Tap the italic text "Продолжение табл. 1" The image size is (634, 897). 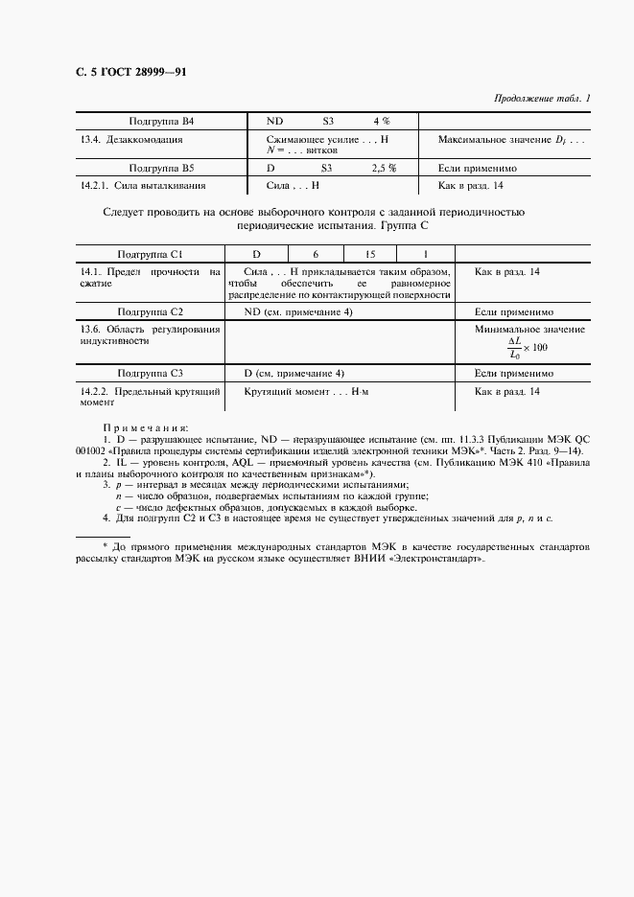pyautogui.click(x=542, y=98)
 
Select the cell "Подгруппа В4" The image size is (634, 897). pyautogui.click(x=162, y=122)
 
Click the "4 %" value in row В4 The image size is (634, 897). pyautogui.click(x=381, y=122)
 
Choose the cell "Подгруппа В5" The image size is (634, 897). pyautogui.click(x=162, y=167)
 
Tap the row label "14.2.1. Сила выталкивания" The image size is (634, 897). pyautogui.click(x=144, y=185)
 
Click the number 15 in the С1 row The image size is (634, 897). pyautogui.click(x=370, y=254)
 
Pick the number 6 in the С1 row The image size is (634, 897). pyautogui.click(x=315, y=254)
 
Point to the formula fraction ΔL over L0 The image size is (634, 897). pyautogui.click(x=513, y=347)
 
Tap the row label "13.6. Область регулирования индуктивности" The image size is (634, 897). pyautogui.click(x=150, y=334)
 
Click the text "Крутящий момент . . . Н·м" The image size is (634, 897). pyautogui.click(x=306, y=392)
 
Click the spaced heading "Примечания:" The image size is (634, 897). pyautogui.click(x=146, y=427)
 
